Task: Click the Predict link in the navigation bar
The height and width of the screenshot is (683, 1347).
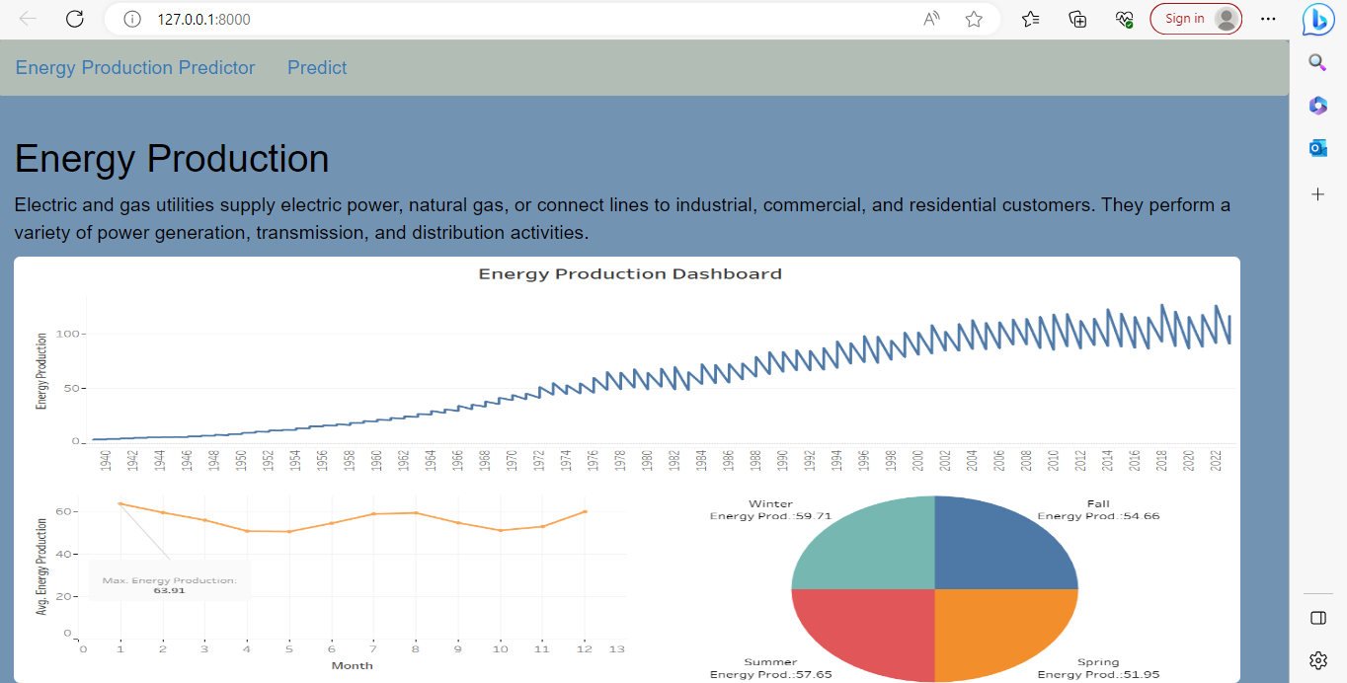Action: point(317,68)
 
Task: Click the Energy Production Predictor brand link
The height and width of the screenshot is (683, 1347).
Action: point(135,68)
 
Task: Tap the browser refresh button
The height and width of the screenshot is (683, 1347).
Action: point(74,19)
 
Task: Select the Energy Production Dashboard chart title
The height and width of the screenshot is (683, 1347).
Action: point(630,273)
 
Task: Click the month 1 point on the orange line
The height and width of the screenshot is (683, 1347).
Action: point(120,503)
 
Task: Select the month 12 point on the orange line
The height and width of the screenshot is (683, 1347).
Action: point(585,511)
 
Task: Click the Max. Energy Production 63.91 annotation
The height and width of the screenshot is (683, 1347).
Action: point(170,586)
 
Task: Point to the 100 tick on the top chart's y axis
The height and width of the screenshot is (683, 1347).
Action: point(68,334)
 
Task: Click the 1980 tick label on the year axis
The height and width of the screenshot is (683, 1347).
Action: point(647,462)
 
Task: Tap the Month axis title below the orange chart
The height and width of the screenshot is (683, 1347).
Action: point(353,665)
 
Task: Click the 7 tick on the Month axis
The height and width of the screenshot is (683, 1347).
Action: point(373,648)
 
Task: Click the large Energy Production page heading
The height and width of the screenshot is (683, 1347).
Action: point(172,159)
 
